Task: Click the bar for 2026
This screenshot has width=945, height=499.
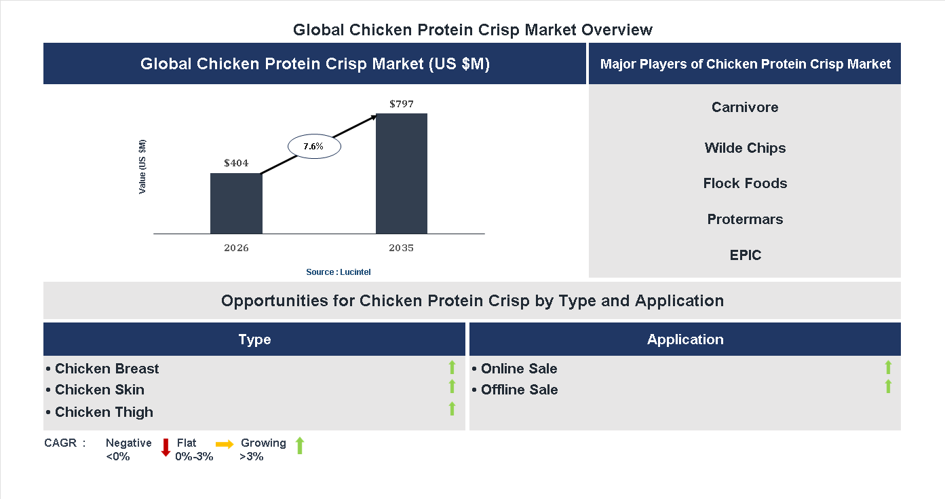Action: pos(236,204)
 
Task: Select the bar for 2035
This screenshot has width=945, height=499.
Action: pos(402,174)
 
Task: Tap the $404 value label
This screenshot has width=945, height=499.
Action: pos(236,163)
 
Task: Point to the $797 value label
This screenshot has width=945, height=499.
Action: pos(402,104)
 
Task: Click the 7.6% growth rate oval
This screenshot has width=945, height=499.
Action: pos(314,147)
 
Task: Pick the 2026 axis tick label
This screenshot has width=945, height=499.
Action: pos(236,248)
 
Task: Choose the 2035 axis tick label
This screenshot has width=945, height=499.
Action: pos(402,248)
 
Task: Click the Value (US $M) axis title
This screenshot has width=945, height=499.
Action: pos(142,166)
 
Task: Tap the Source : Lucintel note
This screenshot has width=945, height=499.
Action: pos(339,272)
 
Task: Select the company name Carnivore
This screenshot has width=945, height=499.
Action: pos(745,107)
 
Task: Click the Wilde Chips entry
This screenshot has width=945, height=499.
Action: pos(745,148)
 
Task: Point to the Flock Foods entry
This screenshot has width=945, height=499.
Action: pos(745,183)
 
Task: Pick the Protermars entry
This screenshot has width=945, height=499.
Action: pos(745,219)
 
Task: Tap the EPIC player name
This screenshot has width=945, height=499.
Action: pos(745,255)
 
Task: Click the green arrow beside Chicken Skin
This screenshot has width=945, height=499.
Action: pos(452,386)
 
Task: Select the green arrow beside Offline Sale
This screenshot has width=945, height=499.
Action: pos(888,386)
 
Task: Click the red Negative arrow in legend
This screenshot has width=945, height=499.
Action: pos(166,447)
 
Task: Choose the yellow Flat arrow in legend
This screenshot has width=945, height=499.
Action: pos(225,444)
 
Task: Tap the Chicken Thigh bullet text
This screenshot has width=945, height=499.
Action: pos(104,412)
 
